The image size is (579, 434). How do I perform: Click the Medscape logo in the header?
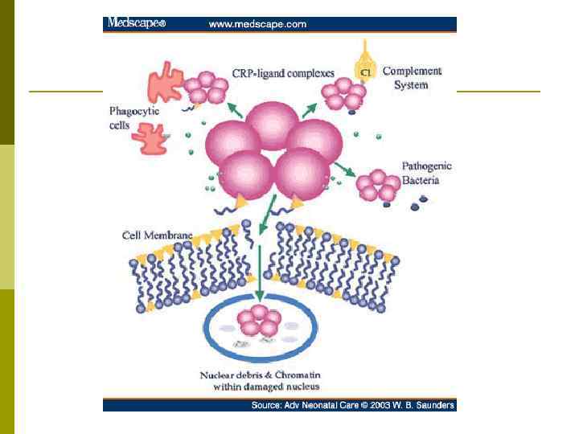click(x=137, y=24)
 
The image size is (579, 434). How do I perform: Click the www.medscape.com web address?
click(x=257, y=24)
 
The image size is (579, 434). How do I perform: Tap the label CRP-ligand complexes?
click(x=282, y=73)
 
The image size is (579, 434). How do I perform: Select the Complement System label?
click(x=411, y=77)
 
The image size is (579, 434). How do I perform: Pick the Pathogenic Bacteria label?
click(x=426, y=173)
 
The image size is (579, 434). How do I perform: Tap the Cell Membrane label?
click(x=156, y=235)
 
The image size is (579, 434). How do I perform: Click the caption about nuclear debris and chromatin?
click(x=260, y=381)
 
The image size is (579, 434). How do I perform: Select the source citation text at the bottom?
click(x=353, y=405)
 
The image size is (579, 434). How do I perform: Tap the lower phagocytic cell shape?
click(x=148, y=138)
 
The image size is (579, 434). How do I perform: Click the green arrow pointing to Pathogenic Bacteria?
click(x=345, y=169)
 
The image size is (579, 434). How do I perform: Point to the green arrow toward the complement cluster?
click(x=310, y=110)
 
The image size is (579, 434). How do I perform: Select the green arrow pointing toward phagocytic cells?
click(x=234, y=111)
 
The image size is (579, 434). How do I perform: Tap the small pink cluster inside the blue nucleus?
click(x=259, y=321)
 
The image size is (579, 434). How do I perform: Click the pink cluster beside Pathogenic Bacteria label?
click(x=376, y=185)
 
